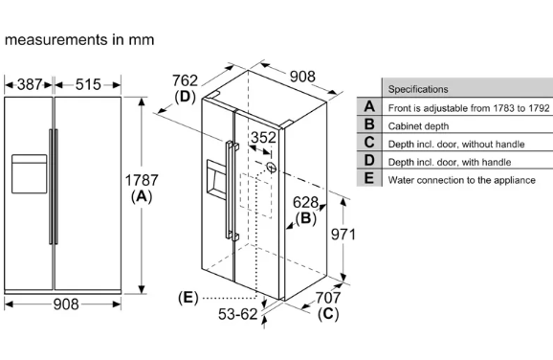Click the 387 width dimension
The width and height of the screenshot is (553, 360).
[x=30, y=84]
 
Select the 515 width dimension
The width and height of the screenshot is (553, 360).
[x=88, y=84]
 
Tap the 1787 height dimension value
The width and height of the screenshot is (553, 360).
[x=142, y=180]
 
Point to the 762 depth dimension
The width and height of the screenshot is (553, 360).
[x=185, y=80]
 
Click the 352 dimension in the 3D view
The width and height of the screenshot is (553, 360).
[x=263, y=137]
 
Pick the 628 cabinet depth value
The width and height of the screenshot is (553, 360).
[x=305, y=203]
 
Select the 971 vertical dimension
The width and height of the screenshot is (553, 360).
[x=343, y=234]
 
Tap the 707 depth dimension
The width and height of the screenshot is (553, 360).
[x=328, y=298]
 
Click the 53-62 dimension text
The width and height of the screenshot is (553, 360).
[x=237, y=314]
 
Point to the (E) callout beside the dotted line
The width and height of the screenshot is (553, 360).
[x=188, y=298]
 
